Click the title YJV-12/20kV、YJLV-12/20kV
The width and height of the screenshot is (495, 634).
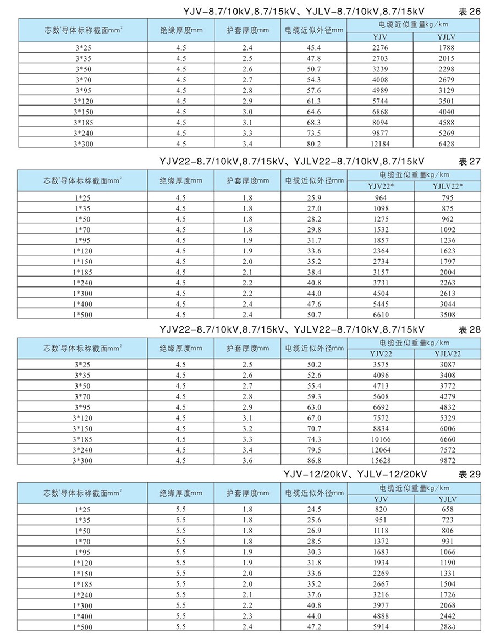tap(356, 474)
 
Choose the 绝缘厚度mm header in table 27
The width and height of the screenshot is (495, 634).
tap(181, 180)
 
